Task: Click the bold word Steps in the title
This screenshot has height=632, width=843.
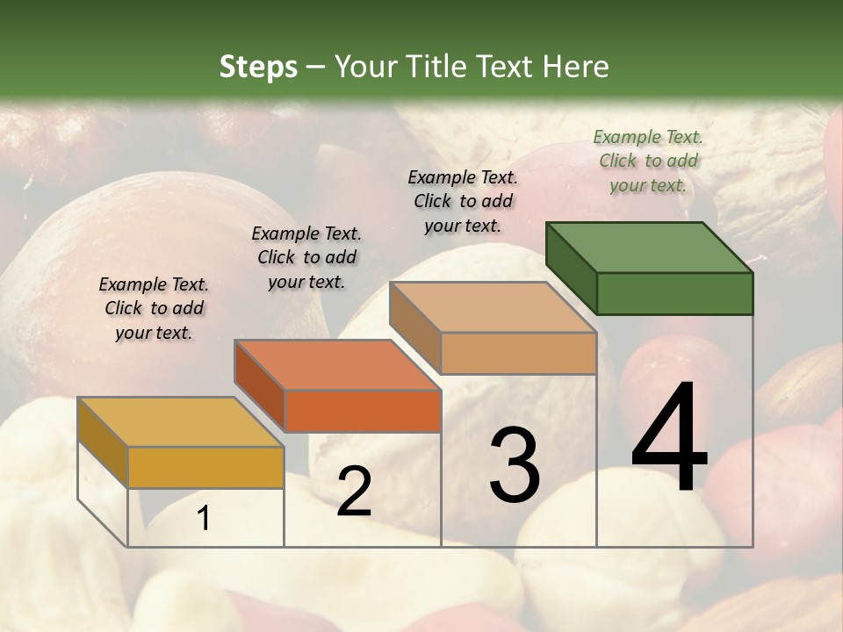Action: (x=258, y=67)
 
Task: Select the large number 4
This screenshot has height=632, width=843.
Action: (x=669, y=439)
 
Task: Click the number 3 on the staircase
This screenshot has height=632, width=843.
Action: (x=515, y=465)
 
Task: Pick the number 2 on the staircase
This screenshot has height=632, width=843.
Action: (x=354, y=492)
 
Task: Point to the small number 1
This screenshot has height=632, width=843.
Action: (x=204, y=519)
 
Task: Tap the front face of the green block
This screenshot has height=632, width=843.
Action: (x=674, y=293)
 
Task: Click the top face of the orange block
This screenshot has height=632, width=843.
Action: (x=337, y=365)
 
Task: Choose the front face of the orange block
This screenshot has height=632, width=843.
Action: (x=363, y=411)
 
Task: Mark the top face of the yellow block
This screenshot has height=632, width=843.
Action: (x=181, y=422)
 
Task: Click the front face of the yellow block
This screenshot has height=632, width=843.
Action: (x=205, y=467)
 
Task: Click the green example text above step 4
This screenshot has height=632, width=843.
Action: (x=648, y=161)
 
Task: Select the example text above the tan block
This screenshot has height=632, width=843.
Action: (x=463, y=201)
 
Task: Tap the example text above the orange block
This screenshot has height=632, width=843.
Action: (x=306, y=257)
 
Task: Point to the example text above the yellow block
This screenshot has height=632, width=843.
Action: (x=154, y=308)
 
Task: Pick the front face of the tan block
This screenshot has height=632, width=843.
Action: (x=518, y=354)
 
